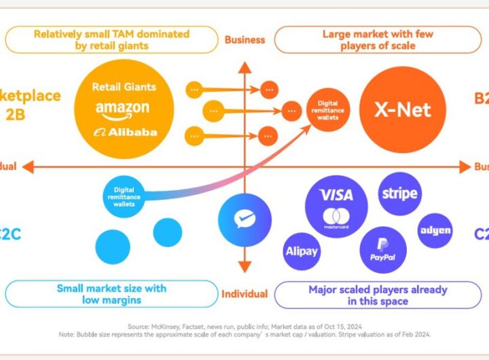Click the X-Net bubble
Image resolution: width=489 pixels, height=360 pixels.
402,109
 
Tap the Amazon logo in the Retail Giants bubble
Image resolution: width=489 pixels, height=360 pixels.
122,109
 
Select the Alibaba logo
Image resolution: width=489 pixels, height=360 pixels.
126,132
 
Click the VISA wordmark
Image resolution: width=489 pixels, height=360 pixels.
336,196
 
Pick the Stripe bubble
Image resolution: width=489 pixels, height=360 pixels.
399,194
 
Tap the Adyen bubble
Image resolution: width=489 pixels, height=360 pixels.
435,231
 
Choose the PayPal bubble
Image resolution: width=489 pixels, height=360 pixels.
382,250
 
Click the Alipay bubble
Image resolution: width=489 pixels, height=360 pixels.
302,251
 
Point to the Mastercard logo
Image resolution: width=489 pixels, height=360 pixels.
336,218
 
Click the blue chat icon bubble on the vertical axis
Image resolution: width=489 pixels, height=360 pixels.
240,219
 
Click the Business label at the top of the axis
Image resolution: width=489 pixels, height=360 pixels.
244,39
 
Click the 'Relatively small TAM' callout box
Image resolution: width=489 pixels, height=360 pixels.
111,39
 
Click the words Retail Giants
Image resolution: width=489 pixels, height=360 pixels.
124,86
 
